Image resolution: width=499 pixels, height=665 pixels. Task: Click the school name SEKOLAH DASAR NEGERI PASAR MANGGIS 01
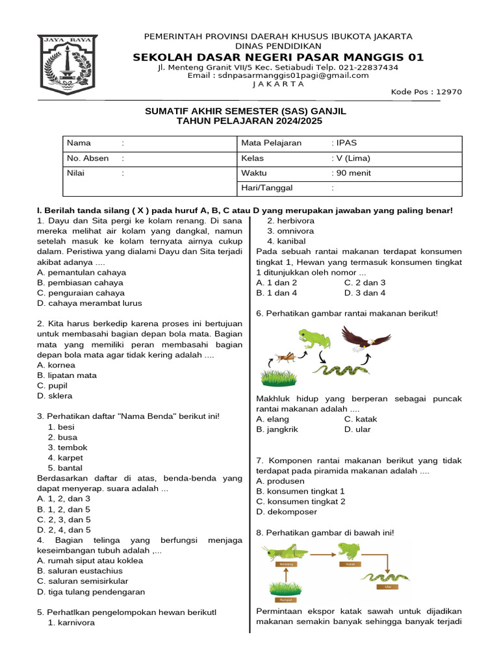point(278,57)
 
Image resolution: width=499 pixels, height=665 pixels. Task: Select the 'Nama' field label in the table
point(79,143)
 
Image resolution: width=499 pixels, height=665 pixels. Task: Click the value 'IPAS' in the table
point(344,143)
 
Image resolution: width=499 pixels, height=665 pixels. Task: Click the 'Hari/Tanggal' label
point(267,188)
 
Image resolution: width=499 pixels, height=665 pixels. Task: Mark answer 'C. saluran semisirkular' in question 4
point(83,581)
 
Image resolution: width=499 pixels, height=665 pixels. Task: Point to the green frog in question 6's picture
point(314,339)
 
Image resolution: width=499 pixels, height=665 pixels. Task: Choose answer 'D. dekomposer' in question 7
point(287,512)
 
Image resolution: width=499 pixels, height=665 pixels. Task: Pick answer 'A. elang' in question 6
point(273,419)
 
